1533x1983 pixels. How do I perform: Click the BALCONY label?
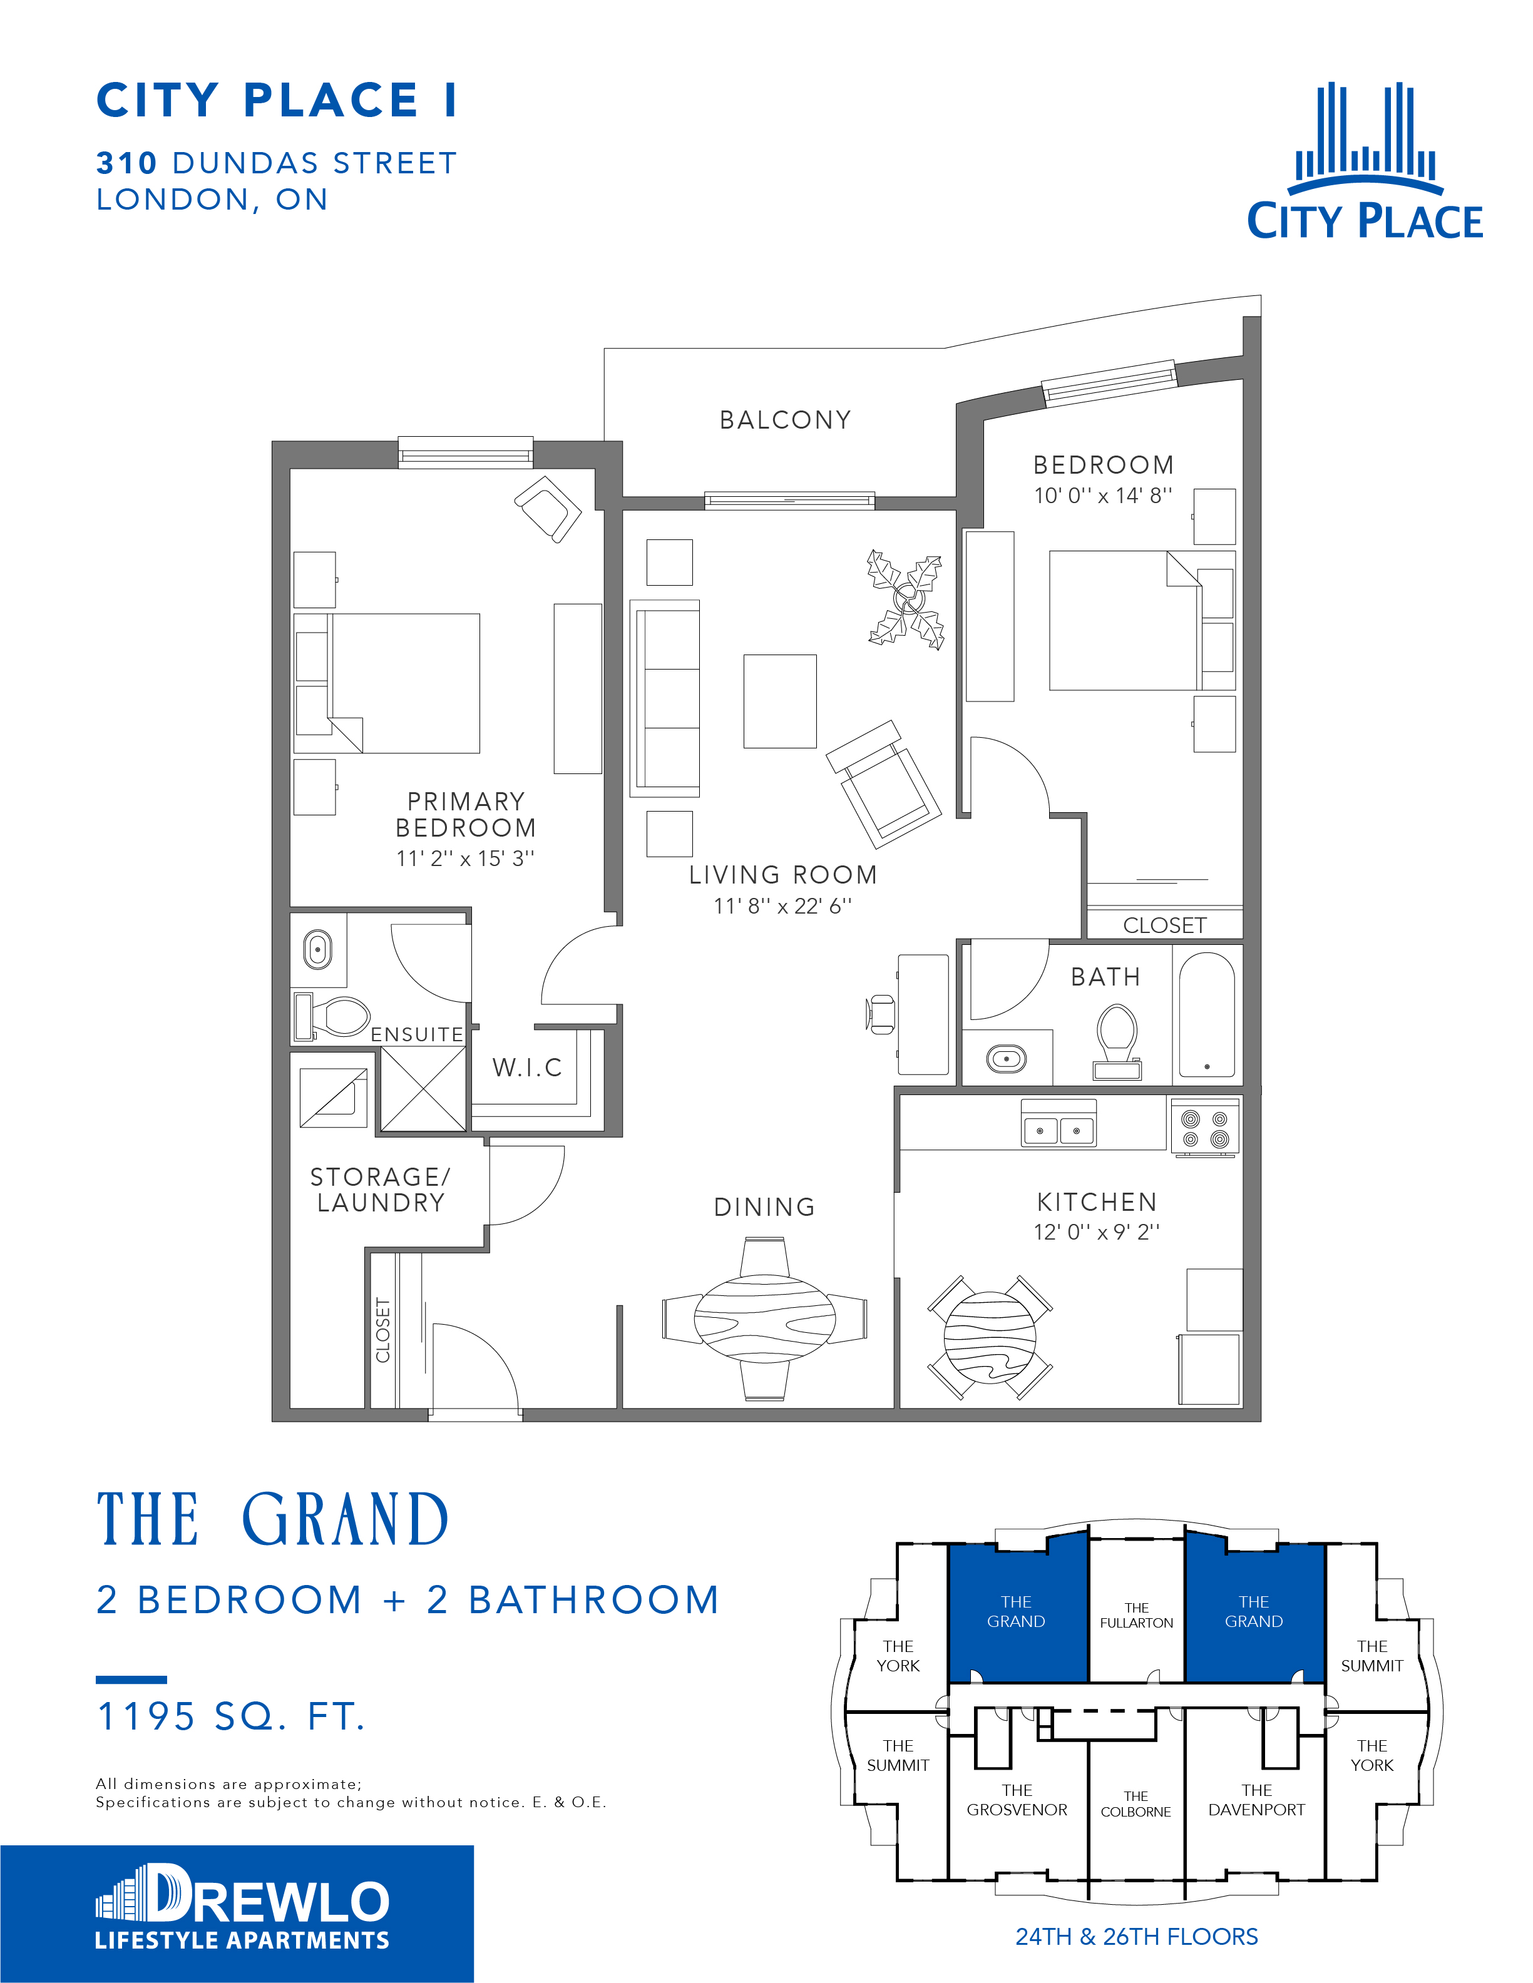tap(786, 421)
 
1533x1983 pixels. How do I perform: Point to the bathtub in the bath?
tap(1207, 1015)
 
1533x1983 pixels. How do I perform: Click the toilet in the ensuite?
tap(332, 1016)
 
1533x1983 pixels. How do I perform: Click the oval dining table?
tap(765, 1318)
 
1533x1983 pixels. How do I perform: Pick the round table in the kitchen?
tap(990, 1337)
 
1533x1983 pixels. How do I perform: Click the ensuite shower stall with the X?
tap(423, 1089)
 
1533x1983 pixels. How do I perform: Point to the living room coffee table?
tap(780, 701)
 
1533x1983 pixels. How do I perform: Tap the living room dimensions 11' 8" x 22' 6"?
tap(783, 906)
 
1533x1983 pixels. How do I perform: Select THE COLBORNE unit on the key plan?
tap(1136, 1804)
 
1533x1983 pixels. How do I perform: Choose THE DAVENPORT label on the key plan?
tap(1257, 1800)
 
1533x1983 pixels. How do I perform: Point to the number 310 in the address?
tap(127, 163)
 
